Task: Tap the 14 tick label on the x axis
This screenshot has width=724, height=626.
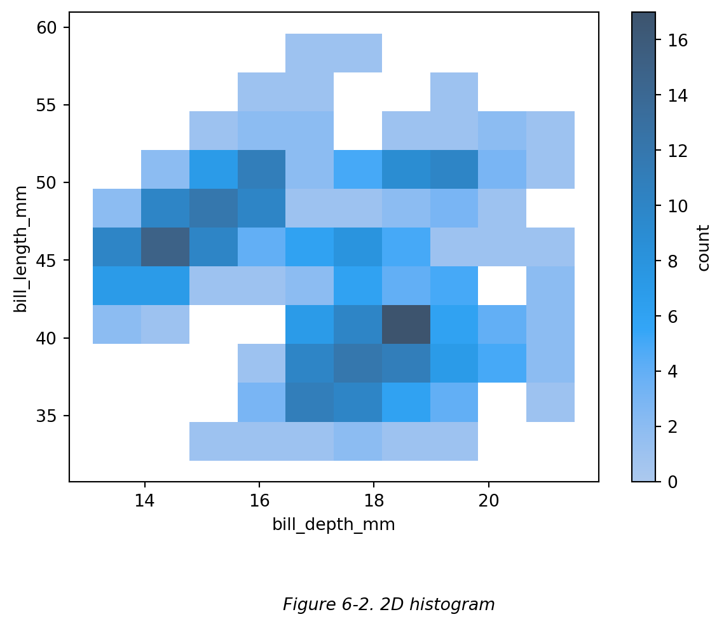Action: [145, 500]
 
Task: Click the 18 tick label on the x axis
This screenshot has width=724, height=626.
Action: [374, 500]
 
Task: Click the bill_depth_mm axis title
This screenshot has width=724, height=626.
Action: [334, 525]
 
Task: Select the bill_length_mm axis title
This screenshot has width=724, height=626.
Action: [21, 249]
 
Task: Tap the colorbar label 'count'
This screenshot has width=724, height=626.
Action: [703, 247]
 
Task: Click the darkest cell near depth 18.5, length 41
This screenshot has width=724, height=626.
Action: [406, 324]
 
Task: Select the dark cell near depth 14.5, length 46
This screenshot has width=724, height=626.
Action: [165, 247]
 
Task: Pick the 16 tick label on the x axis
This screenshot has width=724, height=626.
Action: [259, 500]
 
